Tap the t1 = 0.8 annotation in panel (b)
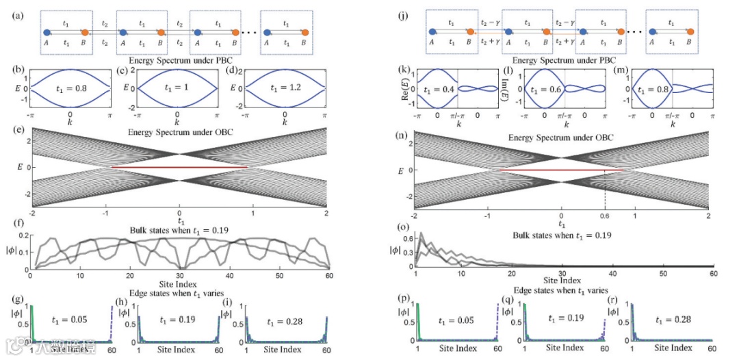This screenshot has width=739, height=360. [71, 87]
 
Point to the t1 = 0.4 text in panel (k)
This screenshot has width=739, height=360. [439, 89]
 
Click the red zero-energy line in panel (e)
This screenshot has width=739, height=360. [179, 168]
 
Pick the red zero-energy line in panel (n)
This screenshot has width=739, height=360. [561, 170]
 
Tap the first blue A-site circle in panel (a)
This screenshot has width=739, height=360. [46, 32]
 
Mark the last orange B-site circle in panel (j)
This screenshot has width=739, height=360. [690, 31]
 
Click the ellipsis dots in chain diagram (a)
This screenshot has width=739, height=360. [248, 32]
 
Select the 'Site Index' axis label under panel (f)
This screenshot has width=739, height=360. [179, 284]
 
